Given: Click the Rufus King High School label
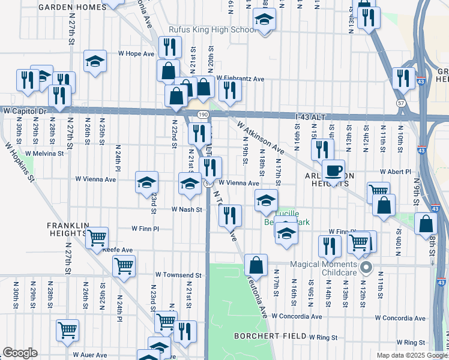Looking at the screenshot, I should click(203, 30).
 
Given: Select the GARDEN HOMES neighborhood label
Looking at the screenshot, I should click(71, 7).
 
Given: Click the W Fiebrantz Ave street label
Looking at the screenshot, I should click(240, 79).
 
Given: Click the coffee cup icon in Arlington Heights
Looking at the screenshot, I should click(333, 170).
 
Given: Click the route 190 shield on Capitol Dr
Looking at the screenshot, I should click(200, 114).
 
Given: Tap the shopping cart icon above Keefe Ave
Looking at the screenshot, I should click(97, 238).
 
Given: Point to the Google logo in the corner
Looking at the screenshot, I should click(19, 353).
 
